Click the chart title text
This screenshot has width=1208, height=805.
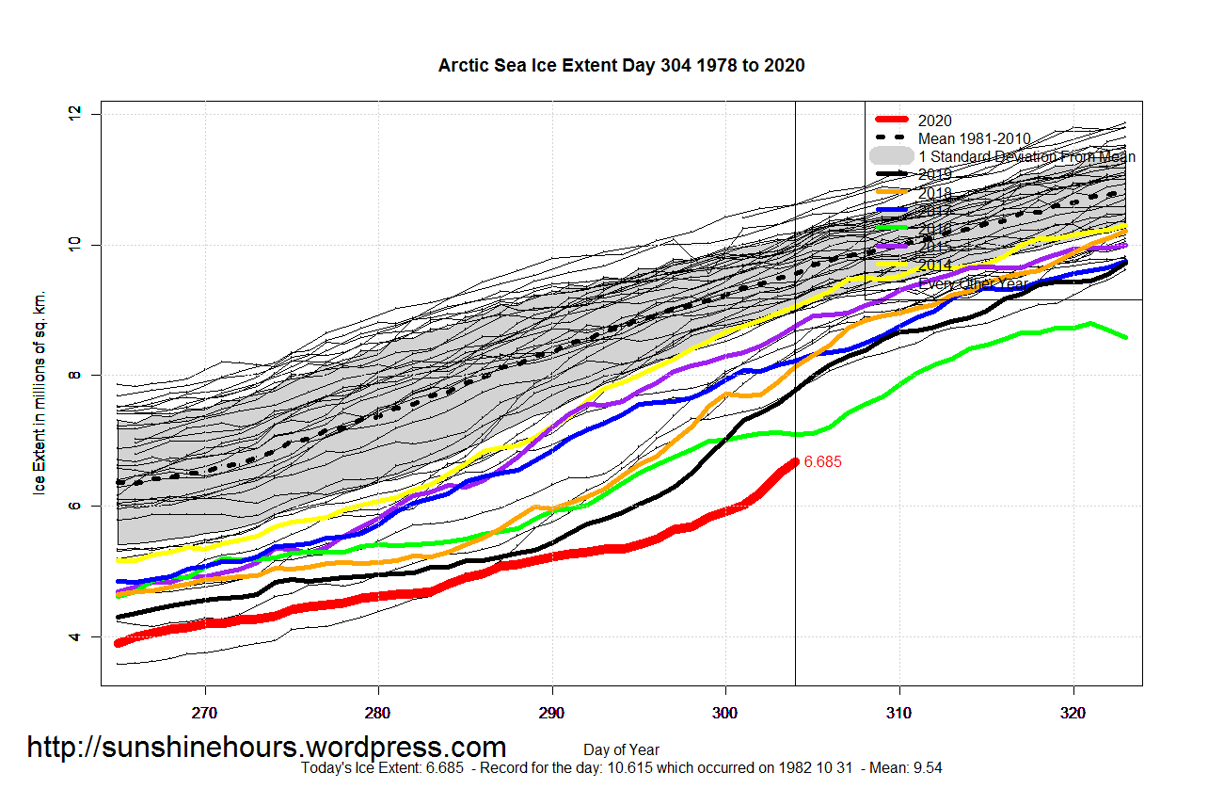pyautogui.click(x=621, y=66)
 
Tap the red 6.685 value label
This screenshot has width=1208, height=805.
pyautogui.click(x=822, y=462)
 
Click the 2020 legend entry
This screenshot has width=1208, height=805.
pyautogui.click(x=934, y=121)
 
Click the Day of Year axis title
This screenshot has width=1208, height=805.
pyautogui.click(x=621, y=750)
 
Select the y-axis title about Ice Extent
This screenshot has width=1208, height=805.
pyautogui.click(x=40, y=393)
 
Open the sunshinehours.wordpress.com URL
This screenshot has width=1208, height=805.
pyautogui.click(x=266, y=747)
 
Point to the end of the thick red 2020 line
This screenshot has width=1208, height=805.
pyautogui.click(x=794, y=462)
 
